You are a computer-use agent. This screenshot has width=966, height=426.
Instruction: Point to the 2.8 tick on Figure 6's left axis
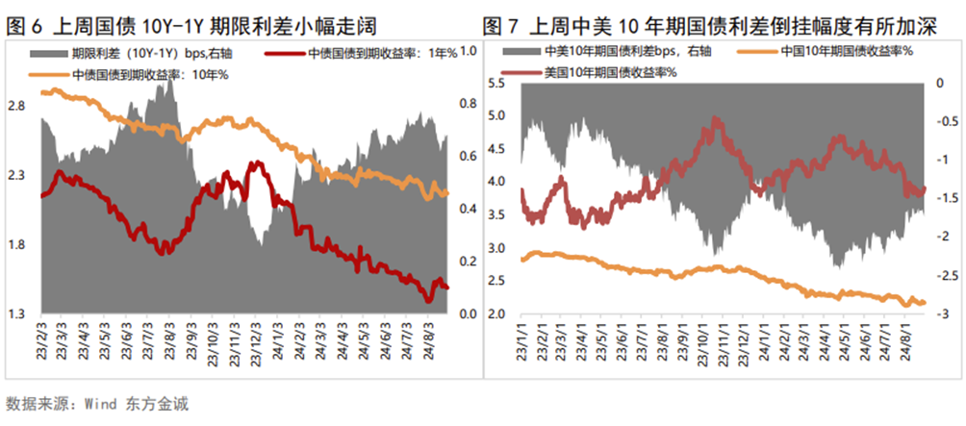18,107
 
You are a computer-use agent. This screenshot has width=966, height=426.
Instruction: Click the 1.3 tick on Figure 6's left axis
18,314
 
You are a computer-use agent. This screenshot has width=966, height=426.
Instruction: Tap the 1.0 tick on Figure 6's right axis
470,51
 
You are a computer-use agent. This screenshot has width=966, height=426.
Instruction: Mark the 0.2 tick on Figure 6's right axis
470,262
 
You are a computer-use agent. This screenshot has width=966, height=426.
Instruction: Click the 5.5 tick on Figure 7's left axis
497,84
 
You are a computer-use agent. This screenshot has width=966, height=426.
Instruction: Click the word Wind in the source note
104,401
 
